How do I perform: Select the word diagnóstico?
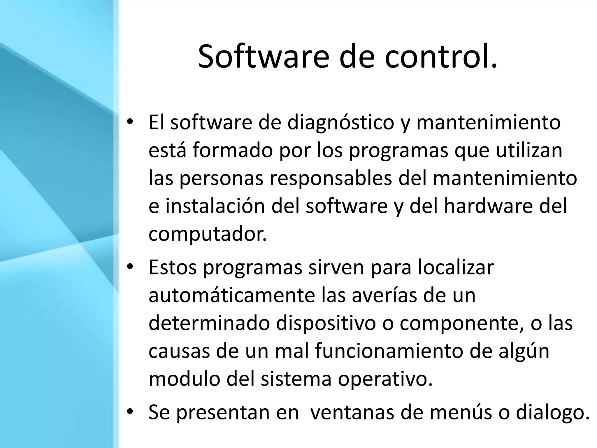click(341, 123)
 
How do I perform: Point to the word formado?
click(232, 150)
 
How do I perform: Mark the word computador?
click(208, 234)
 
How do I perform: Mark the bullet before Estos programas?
click(130, 267)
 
